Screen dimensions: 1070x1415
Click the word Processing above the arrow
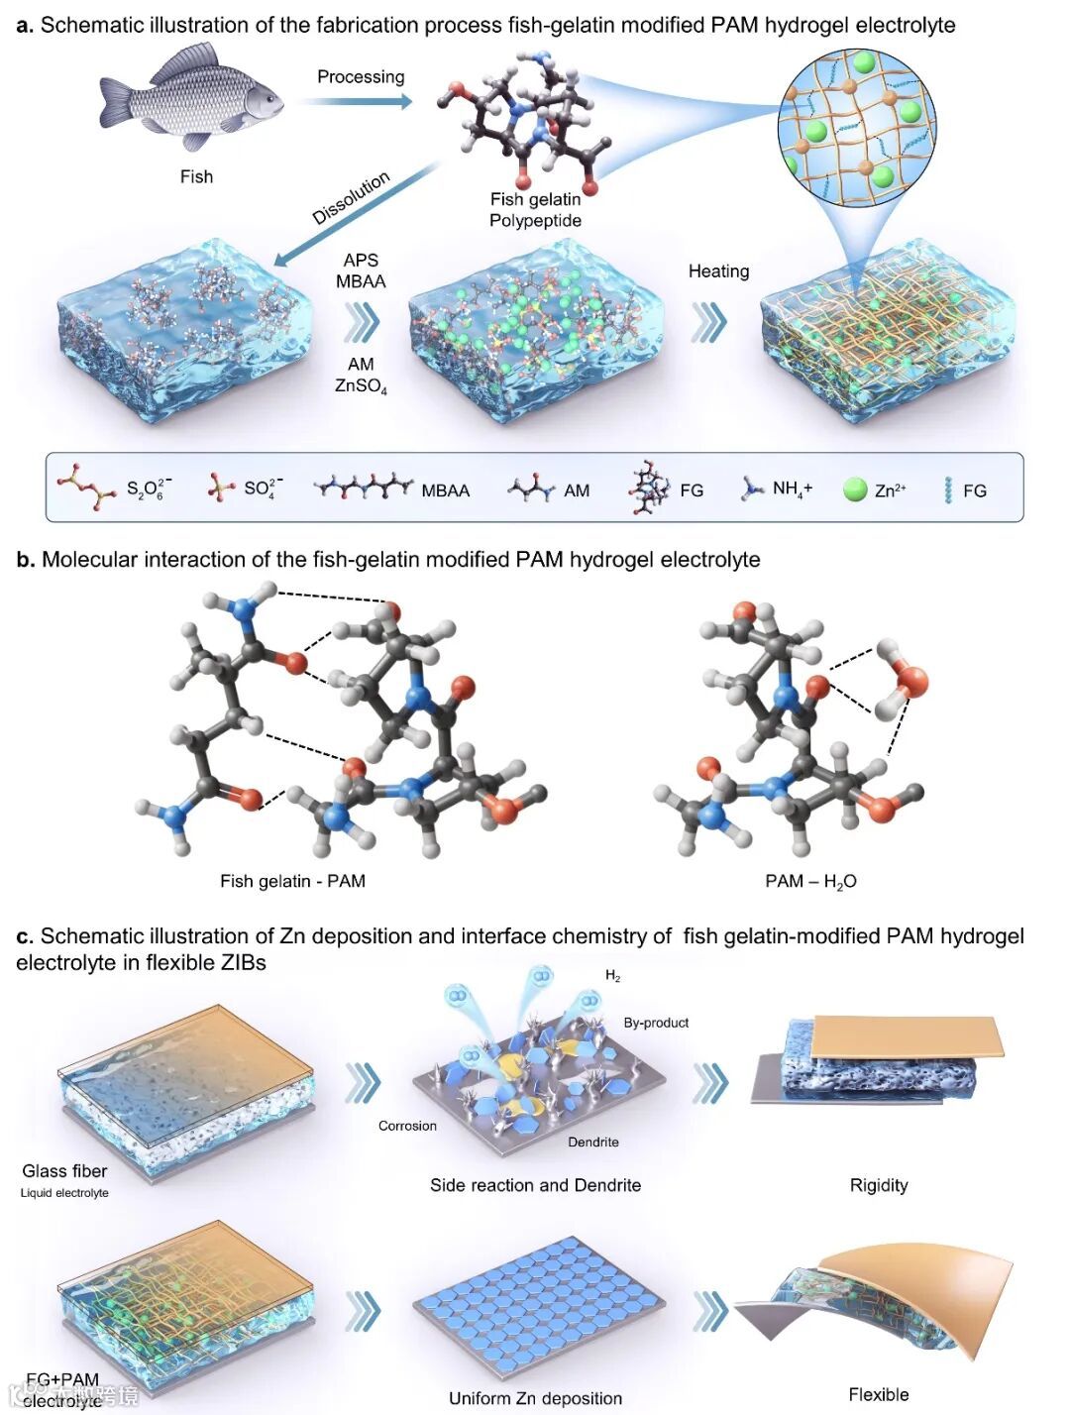pos(361,76)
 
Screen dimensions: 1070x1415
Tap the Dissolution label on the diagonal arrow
pos(351,198)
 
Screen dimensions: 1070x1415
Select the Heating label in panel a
pos(718,271)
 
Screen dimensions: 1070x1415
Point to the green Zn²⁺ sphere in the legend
pos(855,490)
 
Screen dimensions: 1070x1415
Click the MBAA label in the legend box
pos(445,490)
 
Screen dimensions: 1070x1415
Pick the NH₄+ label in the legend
pos(792,489)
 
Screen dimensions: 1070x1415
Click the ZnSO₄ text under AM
pos(361,385)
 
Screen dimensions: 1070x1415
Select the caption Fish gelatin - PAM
pos(292,880)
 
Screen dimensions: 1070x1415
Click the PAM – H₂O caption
pos(810,881)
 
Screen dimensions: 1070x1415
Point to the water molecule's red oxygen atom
pos(912,681)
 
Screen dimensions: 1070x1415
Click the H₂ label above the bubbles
pos(613,976)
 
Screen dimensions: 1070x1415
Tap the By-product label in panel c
pos(656,1023)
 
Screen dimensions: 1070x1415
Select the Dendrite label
pos(593,1142)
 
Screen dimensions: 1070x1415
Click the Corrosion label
pos(407,1126)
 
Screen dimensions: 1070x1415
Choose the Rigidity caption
pos(879,1185)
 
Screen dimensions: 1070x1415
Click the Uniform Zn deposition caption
pos(535,1398)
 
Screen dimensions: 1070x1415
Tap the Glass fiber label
pos(64,1170)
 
